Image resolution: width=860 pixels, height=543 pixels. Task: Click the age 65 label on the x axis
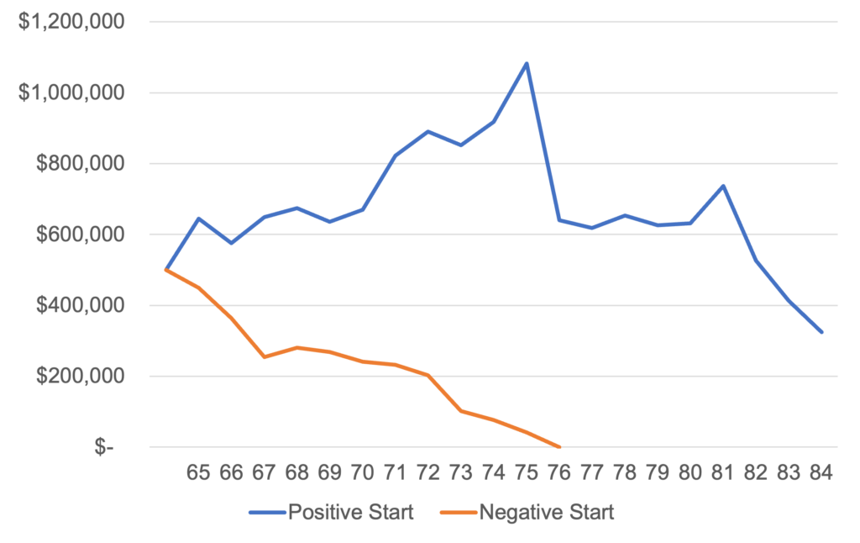(x=198, y=472)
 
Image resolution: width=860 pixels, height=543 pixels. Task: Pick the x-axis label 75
(x=526, y=472)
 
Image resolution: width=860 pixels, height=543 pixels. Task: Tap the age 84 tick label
(x=821, y=472)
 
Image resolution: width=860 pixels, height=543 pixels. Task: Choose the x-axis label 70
(x=362, y=472)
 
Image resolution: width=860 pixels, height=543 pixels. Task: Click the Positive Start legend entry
(x=350, y=512)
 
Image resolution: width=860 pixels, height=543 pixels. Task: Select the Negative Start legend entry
(x=546, y=512)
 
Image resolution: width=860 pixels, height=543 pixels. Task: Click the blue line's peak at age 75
(x=527, y=62)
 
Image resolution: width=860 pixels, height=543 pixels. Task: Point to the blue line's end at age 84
(x=822, y=332)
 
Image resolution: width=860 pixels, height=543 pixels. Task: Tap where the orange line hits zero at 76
(x=559, y=446)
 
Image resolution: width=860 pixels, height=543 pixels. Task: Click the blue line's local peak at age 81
(x=723, y=185)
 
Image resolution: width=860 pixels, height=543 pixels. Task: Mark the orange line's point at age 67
(x=264, y=357)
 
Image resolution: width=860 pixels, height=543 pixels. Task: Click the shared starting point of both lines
(x=165, y=269)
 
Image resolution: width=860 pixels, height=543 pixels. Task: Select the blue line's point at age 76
(x=559, y=220)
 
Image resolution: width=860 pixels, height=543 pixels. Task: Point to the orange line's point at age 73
(x=461, y=411)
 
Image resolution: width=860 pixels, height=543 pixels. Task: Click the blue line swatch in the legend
(x=266, y=512)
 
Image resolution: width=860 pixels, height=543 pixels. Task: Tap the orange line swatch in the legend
(x=457, y=512)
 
